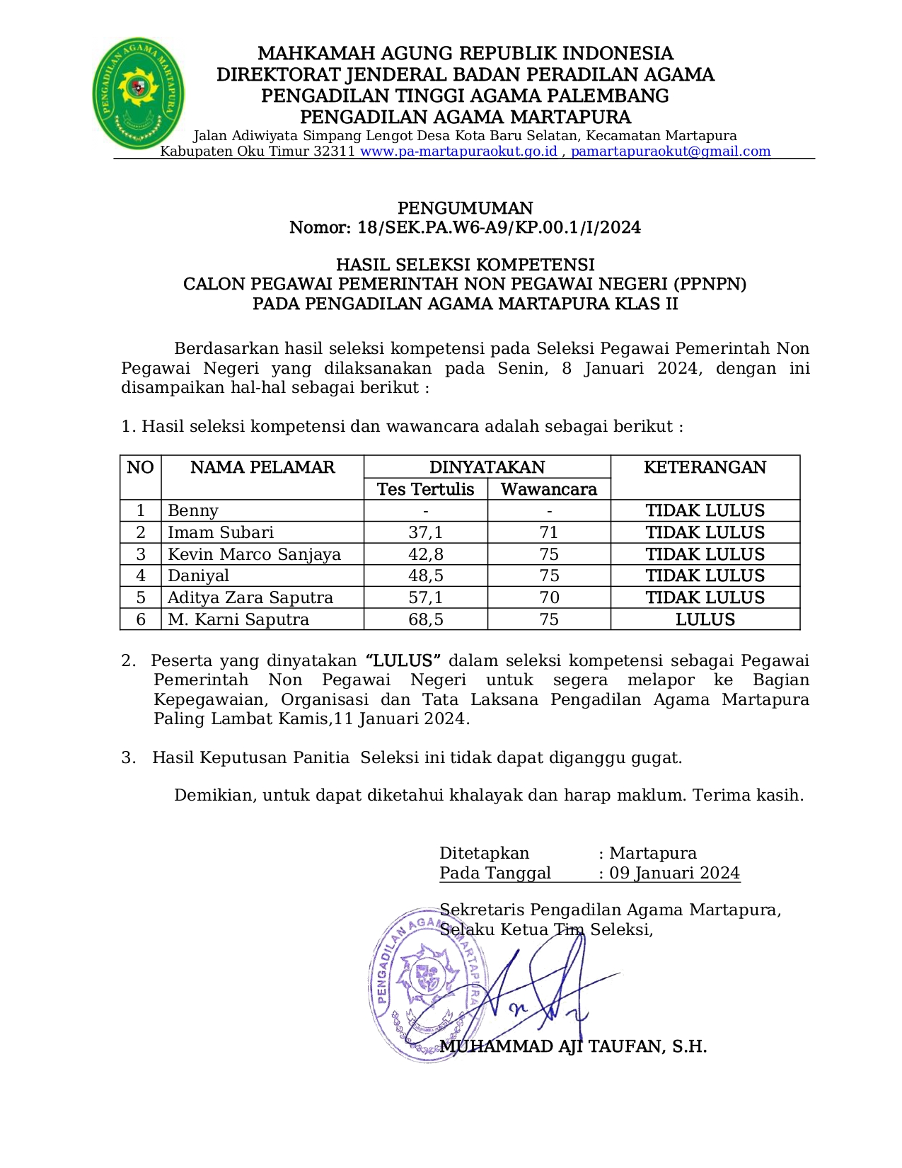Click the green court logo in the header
pyautogui.click(x=138, y=93)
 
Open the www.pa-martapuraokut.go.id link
pyautogui.click(x=458, y=151)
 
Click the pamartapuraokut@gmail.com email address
pyautogui.click(x=670, y=151)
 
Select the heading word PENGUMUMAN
pyautogui.click(x=465, y=208)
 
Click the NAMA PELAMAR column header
pyautogui.click(x=262, y=467)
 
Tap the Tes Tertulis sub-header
pyautogui.click(x=425, y=489)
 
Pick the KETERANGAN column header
pyautogui.click(x=705, y=467)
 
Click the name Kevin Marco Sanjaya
pyautogui.click(x=254, y=554)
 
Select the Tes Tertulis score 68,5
pyautogui.click(x=425, y=619)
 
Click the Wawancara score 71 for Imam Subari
pyautogui.click(x=548, y=532)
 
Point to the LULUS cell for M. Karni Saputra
pyautogui.click(x=705, y=619)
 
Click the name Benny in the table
pyautogui.click(x=193, y=510)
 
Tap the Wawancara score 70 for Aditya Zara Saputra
pyautogui.click(x=548, y=597)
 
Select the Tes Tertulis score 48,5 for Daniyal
pyautogui.click(x=425, y=576)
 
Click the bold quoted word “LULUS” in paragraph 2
pyautogui.click(x=403, y=660)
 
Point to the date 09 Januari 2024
pyautogui.click(x=674, y=873)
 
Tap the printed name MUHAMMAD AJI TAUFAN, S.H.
pyautogui.click(x=573, y=1046)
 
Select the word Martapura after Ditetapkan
pyautogui.click(x=652, y=853)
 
